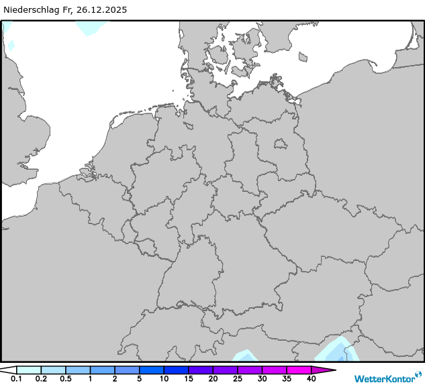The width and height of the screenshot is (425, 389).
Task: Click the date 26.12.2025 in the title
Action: coord(101,10)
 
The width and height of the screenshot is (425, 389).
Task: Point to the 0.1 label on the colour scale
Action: coord(16,379)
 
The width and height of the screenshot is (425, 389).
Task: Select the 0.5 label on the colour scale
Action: coord(66,379)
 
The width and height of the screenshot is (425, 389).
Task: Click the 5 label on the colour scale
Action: coord(139,379)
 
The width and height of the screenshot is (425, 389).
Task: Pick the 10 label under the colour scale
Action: coord(164,379)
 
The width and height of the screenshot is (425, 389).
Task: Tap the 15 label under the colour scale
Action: coord(188,379)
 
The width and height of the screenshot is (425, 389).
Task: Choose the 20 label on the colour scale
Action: coord(213,379)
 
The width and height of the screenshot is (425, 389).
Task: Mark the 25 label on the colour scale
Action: coord(237,379)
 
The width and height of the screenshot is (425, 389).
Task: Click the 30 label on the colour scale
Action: coord(262,379)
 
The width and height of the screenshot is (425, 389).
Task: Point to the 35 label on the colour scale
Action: coord(286,379)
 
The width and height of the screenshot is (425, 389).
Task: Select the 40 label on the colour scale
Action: coord(311,379)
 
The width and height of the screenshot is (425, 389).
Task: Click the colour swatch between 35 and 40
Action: coord(299,370)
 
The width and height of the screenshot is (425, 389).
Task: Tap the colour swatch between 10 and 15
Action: coord(176,370)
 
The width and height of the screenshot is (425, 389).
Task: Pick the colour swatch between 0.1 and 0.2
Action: coord(29,370)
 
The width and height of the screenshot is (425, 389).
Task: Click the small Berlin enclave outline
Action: coord(280,143)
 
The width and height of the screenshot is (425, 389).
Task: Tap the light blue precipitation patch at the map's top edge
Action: coord(91,27)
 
